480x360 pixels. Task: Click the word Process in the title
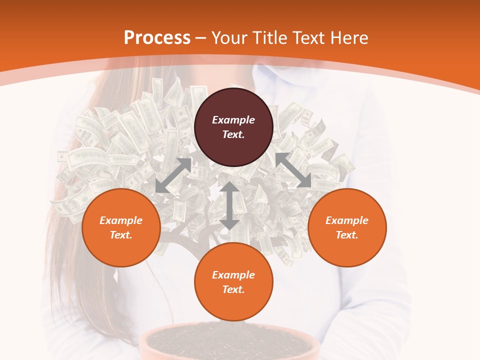(x=157, y=38)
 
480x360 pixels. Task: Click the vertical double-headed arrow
(x=229, y=205)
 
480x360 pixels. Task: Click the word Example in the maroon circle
(x=233, y=120)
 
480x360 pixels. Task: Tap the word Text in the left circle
(x=121, y=235)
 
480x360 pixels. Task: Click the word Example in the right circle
(x=347, y=220)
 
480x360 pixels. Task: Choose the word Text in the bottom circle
(x=233, y=289)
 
